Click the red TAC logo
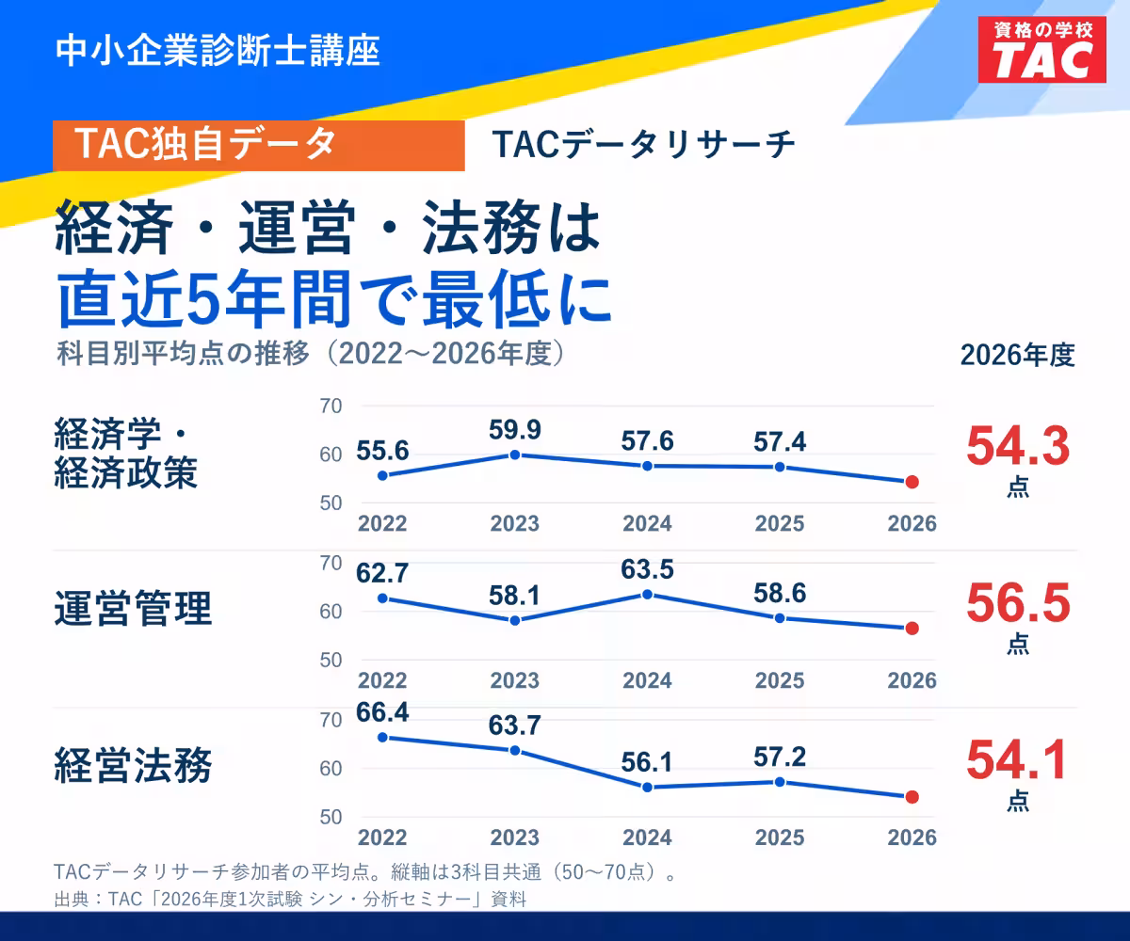[x=1041, y=50]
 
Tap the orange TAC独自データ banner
[x=259, y=146]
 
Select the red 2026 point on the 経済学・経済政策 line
[x=912, y=482]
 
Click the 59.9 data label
[x=515, y=430]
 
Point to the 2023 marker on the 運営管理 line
[x=515, y=620]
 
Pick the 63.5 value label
[x=647, y=569]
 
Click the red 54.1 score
[x=1017, y=760]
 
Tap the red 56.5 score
[x=1018, y=603]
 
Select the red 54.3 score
[x=1018, y=447]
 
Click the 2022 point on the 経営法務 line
[x=382, y=738]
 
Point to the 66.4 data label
[x=382, y=712]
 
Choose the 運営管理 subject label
[x=133, y=609]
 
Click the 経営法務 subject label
[x=133, y=765]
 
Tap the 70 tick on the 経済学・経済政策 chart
[x=331, y=407]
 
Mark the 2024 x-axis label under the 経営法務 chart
[x=647, y=837]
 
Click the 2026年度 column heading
[x=1017, y=356]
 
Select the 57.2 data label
[x=780, y=757]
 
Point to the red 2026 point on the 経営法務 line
[x=912, y=797]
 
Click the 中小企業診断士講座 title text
[x=218, y=51]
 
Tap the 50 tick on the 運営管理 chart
[x=331, y=661]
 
